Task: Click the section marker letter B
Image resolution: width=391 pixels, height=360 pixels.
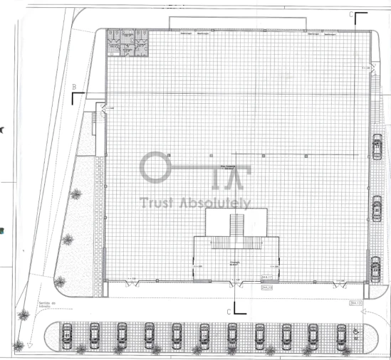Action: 73,87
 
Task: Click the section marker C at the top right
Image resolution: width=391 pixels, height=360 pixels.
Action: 350,14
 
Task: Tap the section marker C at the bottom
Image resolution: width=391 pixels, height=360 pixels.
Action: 229,312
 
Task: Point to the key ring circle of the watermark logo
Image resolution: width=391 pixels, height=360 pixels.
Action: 153,167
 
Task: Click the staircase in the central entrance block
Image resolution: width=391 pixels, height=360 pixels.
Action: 236,229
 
